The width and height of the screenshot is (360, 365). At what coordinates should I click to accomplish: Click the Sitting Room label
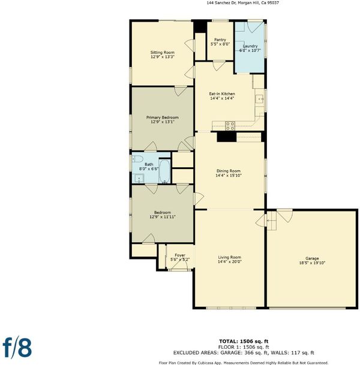pos(163,52)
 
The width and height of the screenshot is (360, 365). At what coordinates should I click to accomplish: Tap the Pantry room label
pos(220,40)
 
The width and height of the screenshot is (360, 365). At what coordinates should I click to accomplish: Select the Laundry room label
pos(250,46)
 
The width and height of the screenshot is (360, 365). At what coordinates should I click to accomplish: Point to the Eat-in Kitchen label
pos(222,94)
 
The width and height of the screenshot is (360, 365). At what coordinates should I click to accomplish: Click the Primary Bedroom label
pos(163,117)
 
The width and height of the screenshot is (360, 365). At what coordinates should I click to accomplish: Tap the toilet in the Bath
pos(137,159)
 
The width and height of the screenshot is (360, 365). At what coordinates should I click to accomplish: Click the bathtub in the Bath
pos(164,171)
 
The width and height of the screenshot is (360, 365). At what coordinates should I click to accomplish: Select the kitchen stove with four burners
pos(230,126)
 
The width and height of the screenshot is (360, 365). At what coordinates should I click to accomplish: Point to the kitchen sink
pos(260,99)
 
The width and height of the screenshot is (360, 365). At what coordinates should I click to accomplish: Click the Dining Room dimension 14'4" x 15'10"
pos(229,175)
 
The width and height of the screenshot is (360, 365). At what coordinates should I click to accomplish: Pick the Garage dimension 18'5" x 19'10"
pos(312,263)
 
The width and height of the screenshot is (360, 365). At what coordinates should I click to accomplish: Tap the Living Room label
pos(230,257)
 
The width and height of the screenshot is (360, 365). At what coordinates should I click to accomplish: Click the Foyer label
pos(180,255)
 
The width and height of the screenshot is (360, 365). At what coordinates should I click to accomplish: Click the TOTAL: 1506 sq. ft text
pos(244,342)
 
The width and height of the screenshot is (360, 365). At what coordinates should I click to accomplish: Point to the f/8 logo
pos(17,348)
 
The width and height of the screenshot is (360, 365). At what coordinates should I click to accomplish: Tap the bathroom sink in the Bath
pos(139,179)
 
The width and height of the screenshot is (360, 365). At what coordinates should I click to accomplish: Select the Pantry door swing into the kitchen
pos(219,66)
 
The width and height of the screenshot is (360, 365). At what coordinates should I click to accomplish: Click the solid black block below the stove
pos(227,137)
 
